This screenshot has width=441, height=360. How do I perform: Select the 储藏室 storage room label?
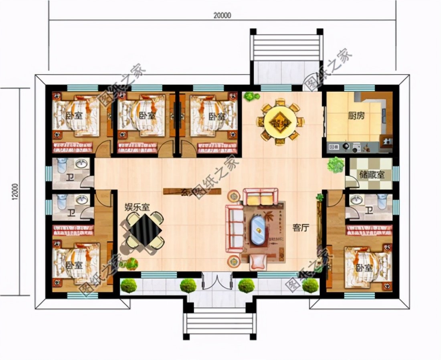coord(372,175)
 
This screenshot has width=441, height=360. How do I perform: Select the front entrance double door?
coord(216,281)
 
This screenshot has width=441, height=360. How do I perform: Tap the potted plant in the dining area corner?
coord(251,96)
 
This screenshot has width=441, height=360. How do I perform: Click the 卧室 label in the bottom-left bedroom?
coord(72,265)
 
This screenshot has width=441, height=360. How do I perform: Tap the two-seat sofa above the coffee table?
coord(261,196)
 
